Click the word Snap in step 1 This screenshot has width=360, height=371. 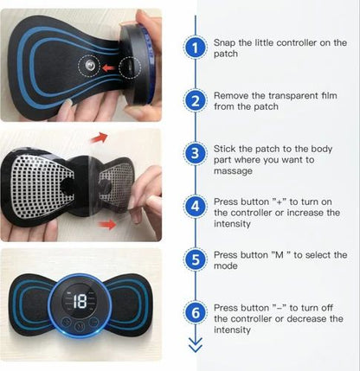tap(226, 42)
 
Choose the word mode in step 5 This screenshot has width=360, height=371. tap(227, 267)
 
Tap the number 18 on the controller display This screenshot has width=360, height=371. tap(79, 302)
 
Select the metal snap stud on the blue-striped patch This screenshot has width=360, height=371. tap(87, 65)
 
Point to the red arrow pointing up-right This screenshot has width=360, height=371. tap(100, 137)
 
